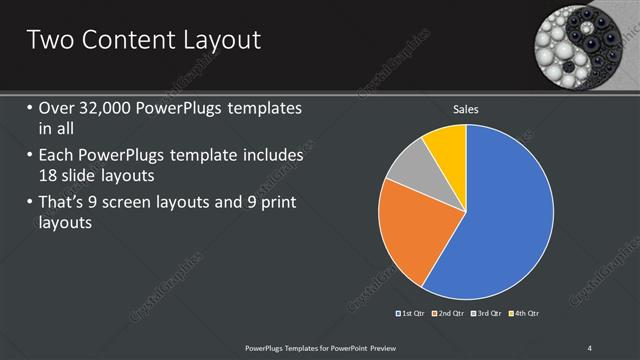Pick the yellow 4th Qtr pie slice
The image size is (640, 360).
pos(446,149)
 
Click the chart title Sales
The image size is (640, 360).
pos(466,108)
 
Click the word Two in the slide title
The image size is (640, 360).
pos(50,40)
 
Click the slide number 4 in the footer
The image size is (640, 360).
pos(590,347)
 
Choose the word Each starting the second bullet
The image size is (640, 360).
pos(59,157)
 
